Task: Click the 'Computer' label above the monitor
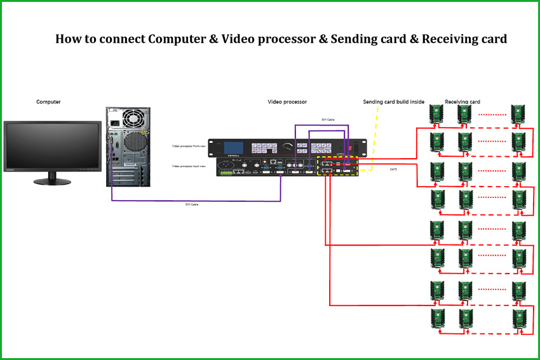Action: click(49, 102)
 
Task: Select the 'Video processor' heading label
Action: click(287, 102)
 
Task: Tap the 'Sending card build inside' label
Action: click(393, 102)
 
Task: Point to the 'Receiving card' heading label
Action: click(462, 102)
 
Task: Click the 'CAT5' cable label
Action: click(394, 170)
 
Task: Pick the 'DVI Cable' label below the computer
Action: click(192, 204)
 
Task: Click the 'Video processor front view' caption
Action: click(189, 146)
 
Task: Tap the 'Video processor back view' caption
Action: click(189, 166)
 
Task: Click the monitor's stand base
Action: click(53, 181)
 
